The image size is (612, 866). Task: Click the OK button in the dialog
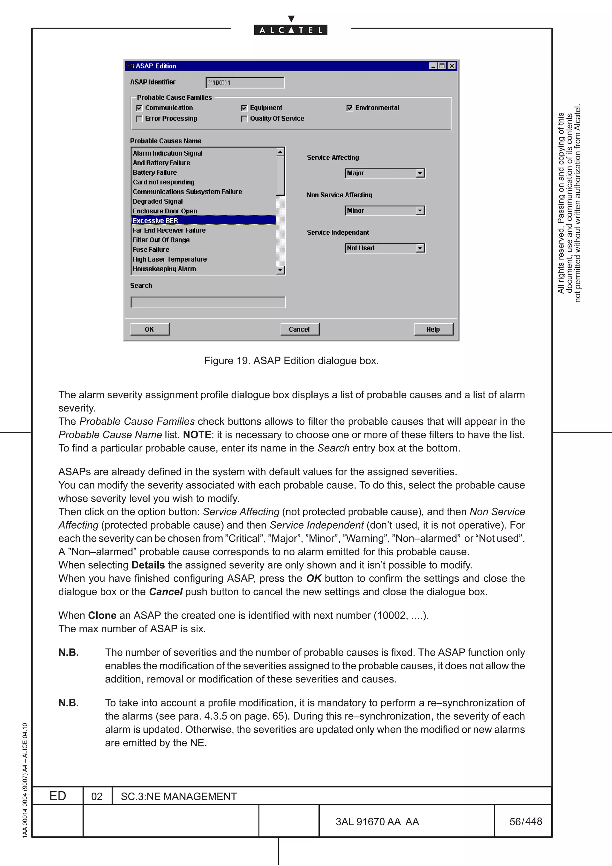coord(149,329)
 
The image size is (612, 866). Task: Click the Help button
coord(433,329)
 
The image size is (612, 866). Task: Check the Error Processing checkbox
coord(140,119)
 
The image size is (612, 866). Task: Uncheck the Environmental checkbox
coord(350,108)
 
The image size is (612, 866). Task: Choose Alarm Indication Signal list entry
coord(167,153)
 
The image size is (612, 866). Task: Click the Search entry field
coord(208,302)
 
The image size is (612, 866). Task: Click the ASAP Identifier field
coord(245,82)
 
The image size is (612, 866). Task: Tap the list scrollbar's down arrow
coord(280,270)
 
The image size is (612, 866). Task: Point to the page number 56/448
coord(525,821)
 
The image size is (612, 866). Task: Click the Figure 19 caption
coord(291,361)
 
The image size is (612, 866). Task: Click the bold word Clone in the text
coord(102,615)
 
